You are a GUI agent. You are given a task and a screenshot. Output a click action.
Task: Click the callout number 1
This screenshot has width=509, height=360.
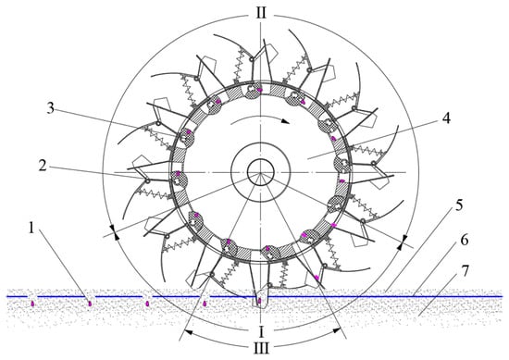click(31, 229)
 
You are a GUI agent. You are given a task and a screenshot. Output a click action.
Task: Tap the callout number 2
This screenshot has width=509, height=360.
click(43, 166)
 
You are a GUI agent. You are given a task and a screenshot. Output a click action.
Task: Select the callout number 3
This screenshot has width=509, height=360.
click(50, 108)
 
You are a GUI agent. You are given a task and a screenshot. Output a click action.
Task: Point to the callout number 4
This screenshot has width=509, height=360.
click(447, 118)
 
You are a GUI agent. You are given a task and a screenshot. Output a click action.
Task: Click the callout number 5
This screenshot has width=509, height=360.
click(459, 205)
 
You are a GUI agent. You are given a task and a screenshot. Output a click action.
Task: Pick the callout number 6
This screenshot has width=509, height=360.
click(465, 241)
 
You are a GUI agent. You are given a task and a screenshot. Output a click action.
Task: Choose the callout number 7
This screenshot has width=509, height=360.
click(466, 271)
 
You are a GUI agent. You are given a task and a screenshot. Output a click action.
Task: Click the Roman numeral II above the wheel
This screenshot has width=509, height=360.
click(261, 13)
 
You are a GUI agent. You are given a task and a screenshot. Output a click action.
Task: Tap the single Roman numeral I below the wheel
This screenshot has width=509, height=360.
click(261, 331)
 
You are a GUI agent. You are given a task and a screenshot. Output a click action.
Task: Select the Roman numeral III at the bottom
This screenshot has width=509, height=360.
click(261, 349)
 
